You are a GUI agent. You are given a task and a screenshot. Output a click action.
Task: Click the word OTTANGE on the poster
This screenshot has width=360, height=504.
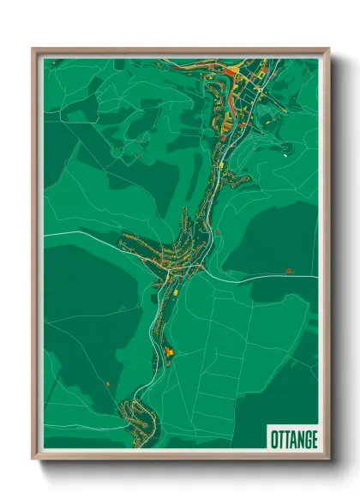click(292, 437)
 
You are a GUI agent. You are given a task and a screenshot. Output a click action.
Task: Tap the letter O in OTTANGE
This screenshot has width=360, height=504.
click(273, 437)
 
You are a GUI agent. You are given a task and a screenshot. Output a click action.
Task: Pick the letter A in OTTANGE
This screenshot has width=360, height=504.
click(291, 437)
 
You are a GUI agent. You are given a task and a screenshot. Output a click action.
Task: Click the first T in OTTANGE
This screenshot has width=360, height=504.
click(279, 437)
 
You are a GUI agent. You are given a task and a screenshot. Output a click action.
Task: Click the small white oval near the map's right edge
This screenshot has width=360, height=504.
click(284, 155)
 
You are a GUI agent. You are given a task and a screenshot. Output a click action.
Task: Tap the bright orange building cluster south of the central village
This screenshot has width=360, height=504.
click(169, 351)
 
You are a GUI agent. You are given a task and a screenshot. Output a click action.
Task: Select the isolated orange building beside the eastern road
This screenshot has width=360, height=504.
click(289, 272)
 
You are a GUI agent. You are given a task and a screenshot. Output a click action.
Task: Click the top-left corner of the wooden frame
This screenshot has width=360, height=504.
click(33, 50)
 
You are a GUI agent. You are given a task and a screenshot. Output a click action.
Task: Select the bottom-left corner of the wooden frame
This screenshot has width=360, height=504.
click(33, 459)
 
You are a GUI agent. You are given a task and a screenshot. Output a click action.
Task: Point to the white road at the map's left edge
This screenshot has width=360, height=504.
click(48, 233)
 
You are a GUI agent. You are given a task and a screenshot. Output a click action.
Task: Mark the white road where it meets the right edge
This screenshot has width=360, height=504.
click(315, 276)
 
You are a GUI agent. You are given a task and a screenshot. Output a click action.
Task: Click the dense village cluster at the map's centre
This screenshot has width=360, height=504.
click(167, 253)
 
